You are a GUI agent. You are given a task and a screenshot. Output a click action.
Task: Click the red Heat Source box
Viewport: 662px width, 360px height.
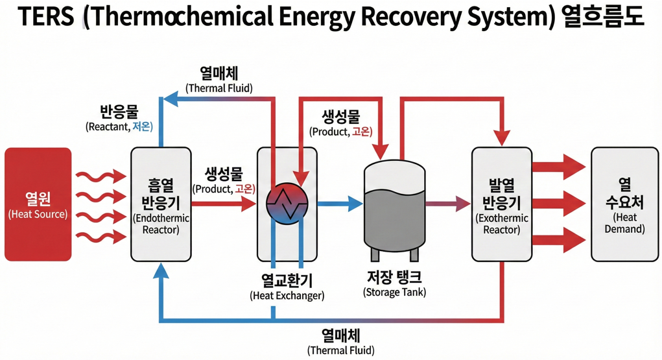pos(38,204)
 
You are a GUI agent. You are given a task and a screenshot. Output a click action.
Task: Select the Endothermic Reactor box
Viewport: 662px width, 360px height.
pos(161,204)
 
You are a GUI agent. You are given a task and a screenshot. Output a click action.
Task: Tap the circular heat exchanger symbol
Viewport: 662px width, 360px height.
pos(287,204)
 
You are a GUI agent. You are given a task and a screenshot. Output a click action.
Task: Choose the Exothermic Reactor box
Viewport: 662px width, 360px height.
pos(501,204)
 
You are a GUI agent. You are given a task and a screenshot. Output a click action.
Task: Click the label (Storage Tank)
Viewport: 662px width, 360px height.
pos(394,293)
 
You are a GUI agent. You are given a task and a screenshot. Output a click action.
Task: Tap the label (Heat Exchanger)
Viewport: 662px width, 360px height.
pos(287,296)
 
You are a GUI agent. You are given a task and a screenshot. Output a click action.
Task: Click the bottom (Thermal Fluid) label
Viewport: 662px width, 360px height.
pos(341,351)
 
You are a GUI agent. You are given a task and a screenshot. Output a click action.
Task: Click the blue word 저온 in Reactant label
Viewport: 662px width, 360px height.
pos(142,127)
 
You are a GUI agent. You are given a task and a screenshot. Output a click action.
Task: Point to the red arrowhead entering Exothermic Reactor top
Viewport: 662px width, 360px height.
pos(501,138)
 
